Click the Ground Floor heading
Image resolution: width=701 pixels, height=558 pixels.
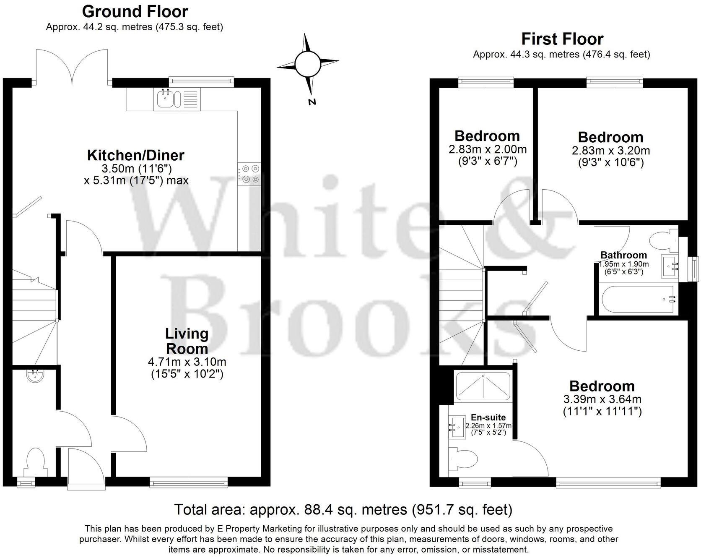(135, 11)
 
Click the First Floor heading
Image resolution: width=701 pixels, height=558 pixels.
(562, 39)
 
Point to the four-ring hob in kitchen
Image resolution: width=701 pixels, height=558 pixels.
(249, 174)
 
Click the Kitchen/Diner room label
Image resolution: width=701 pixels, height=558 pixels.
(135, 155)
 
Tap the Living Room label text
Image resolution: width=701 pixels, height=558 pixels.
(187, 341)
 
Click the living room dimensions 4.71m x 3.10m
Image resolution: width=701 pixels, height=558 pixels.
(187, 362)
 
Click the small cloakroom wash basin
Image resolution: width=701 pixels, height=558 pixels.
(34, 375)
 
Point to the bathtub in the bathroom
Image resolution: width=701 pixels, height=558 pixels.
(637, 299)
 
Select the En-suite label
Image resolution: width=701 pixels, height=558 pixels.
(488, 417)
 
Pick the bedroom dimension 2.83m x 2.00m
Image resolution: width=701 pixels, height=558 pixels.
(487, 149)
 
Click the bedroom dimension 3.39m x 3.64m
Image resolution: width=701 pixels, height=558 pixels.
(602, 399)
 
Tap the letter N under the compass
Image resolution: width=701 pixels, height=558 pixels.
(312, 102)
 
